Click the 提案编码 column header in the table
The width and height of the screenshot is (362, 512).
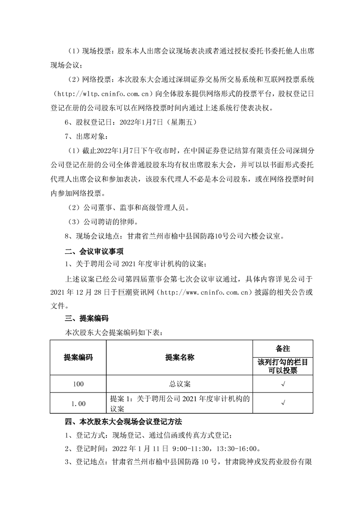(x=78, y=357)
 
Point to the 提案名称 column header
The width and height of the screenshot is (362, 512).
(x=179, y=357)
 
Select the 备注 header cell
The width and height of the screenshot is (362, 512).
(x=283, y=348)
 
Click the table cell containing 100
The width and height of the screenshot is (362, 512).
(x=78, y=384)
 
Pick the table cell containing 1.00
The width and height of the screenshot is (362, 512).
(x=78, y=403)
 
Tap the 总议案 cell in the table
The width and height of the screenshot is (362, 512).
(x=179, y=384)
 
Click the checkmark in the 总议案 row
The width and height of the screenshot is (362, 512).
(x=283, y=384)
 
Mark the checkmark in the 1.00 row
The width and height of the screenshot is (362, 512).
(x=283, y=403)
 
